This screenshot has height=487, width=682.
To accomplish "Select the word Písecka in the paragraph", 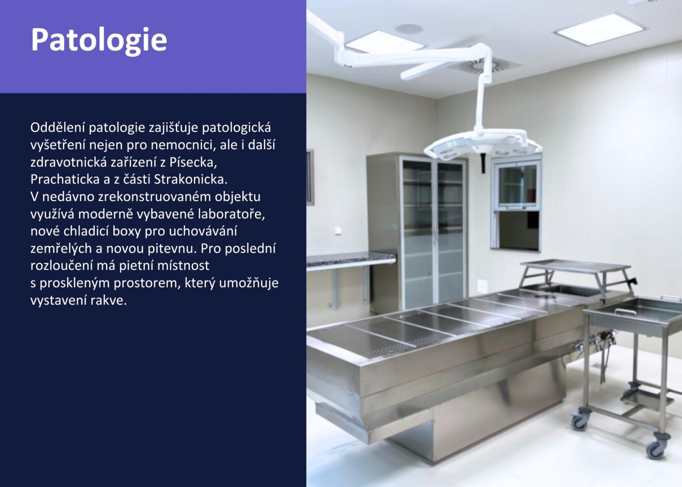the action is (x=193, y=162).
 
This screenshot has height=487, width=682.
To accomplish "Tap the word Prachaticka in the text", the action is (x=65, y=180).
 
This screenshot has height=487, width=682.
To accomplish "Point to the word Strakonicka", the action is (x=191, y=180).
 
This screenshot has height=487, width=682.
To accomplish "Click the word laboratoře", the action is (x=232, y=214).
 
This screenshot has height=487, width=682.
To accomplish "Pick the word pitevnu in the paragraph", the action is (x=172, y=249).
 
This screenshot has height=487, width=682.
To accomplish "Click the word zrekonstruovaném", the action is (x=155, y=197).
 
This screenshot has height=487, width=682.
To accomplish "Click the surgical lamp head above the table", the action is (x=482, y=146).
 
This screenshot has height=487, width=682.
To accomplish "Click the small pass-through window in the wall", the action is (x=516, y=202).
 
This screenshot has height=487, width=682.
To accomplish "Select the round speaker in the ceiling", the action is (x=409, y=29).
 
